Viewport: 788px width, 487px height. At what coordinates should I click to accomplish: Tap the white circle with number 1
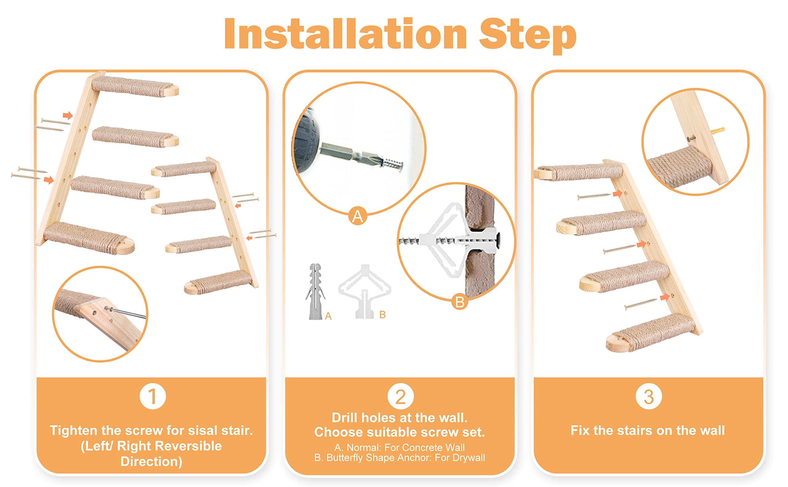(152, 396)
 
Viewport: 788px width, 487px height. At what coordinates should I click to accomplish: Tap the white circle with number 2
(400, 396)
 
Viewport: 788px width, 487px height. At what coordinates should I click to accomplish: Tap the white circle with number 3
(648, 396)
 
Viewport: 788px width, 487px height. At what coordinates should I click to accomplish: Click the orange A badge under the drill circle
(358, 216)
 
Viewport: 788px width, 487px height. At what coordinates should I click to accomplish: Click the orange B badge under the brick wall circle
(460, 302)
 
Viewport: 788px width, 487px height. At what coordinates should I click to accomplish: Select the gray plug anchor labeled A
(314, 291)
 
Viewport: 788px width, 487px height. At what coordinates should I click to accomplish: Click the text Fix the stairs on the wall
(648, 430)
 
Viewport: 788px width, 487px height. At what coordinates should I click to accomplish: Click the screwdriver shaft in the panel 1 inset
(129, 312)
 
